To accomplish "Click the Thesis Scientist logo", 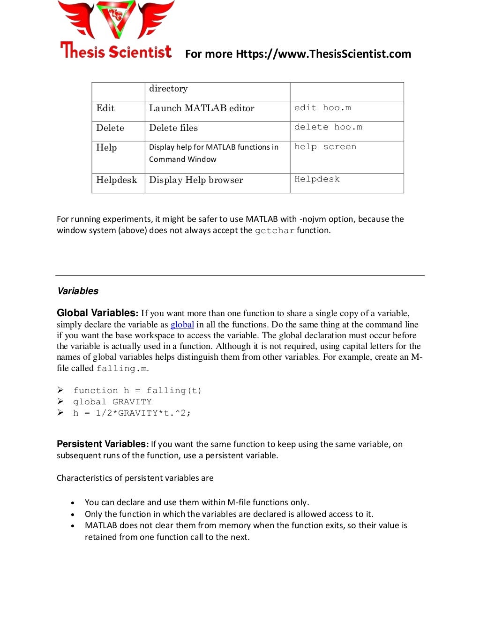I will tap(116, 30).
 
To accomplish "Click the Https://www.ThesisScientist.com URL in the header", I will tap(323, 54).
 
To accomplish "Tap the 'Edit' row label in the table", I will tap(105, 108).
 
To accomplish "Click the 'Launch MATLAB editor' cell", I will tap(202, 108).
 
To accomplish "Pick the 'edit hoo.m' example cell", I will tap(322, 108).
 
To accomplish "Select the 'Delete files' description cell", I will tap(173, 128).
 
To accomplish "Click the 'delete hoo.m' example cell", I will tap(328, 127).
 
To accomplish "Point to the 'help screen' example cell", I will tap(325, 147).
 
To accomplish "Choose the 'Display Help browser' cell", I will tap(196, 180).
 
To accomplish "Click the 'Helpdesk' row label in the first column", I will tap(117, 180).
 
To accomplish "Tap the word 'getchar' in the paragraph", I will tap(275, 231).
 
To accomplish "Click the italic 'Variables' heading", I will tap(78, 291).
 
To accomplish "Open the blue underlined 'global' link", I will tap(182, 325).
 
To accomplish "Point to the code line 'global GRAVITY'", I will tap(112, 402).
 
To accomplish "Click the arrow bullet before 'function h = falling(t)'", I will tap(60, 390).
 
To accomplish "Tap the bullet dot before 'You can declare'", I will tap(73, 503).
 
